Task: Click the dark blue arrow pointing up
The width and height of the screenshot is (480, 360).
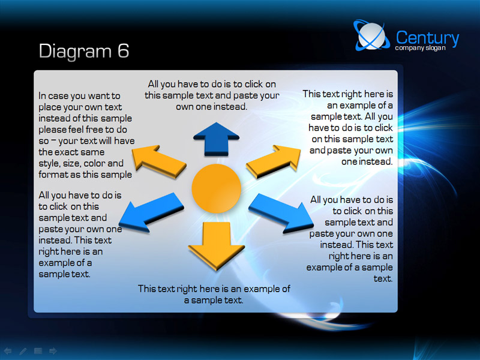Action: tap(216, 139)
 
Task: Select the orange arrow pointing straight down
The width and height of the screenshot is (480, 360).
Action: tap(217, 245)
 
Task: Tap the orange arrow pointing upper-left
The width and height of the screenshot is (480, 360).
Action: tap(158, 161)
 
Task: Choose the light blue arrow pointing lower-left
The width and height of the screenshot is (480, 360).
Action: tap(151, 212)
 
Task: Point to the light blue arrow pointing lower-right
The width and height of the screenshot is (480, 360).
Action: tap(281, 213)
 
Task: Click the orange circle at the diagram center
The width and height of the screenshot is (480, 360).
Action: tap(217, 188)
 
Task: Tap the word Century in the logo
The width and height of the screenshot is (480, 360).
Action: tap(427, 38)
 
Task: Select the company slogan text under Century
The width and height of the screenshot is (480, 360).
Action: tap(420, 48)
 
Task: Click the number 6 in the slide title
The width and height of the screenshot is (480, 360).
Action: tap(123, 50)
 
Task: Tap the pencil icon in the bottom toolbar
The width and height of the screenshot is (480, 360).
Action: tap(23, 351)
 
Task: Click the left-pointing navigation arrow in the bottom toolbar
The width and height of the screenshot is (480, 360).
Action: tap(8, 351)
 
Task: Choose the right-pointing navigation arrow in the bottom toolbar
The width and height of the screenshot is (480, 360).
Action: tap(53, 351)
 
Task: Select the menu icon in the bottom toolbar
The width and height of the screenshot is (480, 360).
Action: tap(38, 351)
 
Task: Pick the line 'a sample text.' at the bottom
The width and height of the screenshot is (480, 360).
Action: tap(214, 301)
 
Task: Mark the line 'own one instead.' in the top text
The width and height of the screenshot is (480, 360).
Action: tap(212, 107)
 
